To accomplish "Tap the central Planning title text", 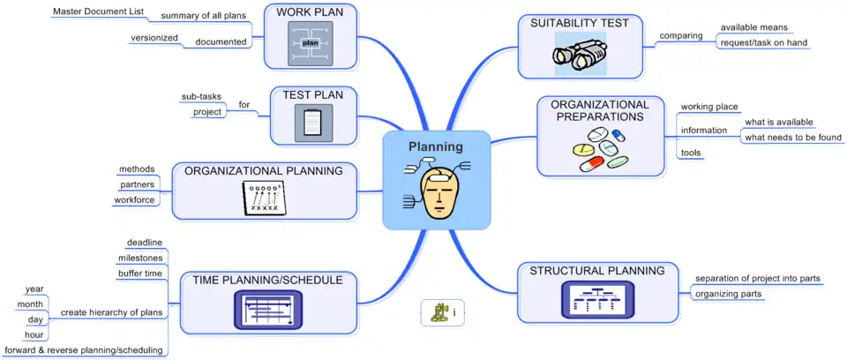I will click(435, 146).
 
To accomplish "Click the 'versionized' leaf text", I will click(154, 38).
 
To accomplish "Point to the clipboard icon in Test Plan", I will click(312, 122).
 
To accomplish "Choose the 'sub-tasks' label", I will click(201, 96).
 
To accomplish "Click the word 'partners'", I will click(138, 184).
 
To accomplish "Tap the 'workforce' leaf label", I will click(134, 200).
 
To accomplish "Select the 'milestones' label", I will click(140, 258).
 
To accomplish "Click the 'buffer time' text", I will click(140, 274).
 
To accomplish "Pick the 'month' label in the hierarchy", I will click(30, 304).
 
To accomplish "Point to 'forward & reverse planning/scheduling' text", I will click(84, 350).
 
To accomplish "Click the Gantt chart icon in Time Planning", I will click(268, 309).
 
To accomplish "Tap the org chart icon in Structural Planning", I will click(597, 299).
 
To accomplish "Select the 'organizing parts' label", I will click(728, 294).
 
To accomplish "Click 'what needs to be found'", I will click(793, 138).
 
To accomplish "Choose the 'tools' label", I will click(691, 154).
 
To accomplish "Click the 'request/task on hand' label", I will click(763, 42).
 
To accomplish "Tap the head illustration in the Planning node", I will click(438, 192).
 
